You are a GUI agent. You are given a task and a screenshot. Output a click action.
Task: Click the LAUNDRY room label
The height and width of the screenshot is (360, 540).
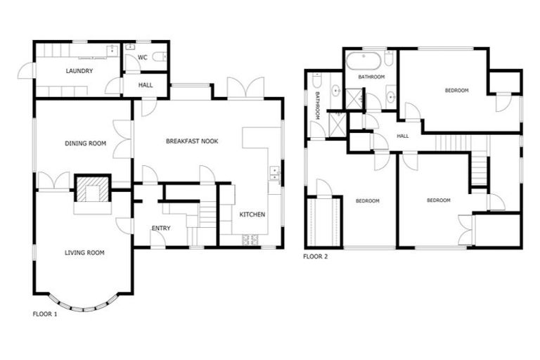[x=79, y=71]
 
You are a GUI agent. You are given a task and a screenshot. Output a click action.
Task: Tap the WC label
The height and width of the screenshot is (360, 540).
[x=142, y=57]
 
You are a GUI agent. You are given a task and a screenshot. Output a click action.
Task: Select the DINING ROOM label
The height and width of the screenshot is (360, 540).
[x=85, y=143]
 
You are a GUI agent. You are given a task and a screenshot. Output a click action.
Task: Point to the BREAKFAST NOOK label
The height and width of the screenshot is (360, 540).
[x=192, y=141]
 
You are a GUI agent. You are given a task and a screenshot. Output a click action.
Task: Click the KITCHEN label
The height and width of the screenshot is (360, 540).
[x=252, y=214]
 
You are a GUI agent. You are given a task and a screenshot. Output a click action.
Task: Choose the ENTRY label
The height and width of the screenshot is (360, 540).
[x=161, y=228]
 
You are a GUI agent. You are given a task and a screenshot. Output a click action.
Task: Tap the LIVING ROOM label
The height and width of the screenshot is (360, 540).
[x=84, y=252]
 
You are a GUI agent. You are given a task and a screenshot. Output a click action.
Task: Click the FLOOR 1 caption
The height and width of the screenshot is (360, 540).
[x=45, y=314]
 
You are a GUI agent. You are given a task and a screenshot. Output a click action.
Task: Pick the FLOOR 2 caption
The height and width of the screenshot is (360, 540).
[x=315, y=257]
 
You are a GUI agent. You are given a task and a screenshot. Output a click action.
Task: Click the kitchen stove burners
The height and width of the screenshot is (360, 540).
[x=250, y=240]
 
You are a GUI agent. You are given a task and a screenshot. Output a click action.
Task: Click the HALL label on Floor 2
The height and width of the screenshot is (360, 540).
[x=403, y=136]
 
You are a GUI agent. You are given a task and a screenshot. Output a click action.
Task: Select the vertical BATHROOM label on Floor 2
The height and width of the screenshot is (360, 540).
[x=318, y=105]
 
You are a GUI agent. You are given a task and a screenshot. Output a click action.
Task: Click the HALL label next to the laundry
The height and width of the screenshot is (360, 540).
[x=146, y=85]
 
